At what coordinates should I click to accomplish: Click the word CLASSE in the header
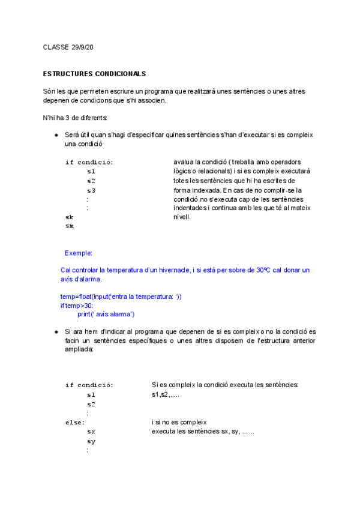(x=56, y=47)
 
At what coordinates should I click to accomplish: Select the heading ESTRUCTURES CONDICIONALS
(x=94, y=74)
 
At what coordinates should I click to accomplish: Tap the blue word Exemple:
(x=79, y=253)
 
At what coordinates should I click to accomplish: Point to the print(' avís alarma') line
(x=106, y=314)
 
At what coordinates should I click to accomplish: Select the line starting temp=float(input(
(x=121, y=297)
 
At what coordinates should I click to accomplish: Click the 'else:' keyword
(x=75, y=423)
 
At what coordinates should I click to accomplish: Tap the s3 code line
(x=91, y=190)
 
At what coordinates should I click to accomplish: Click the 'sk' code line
(x=69, y=217)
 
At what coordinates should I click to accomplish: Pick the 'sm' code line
(x=70, y=226)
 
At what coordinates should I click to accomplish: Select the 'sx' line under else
(x=91, y=432)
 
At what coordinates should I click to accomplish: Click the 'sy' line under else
(x=91, y=441)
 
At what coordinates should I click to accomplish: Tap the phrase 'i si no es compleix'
(x=179, y=423)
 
